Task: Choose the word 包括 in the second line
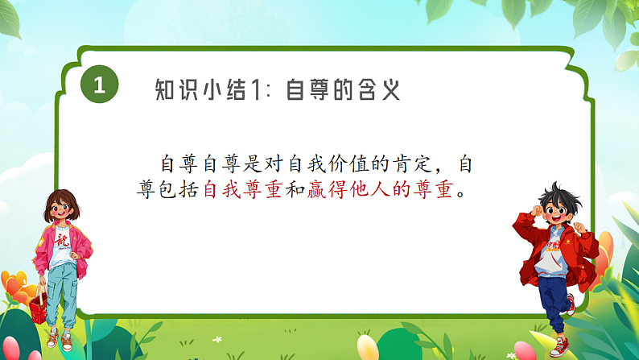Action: click(x=182, y=192)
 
